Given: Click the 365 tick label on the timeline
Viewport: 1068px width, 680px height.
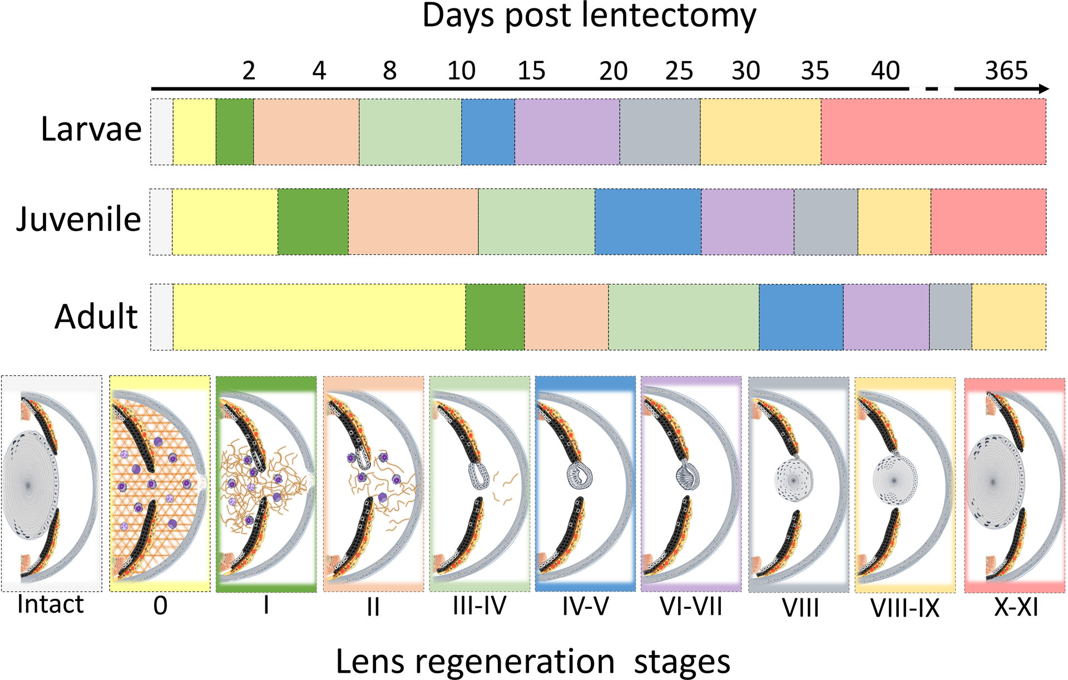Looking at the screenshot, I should [x=1006, y=71].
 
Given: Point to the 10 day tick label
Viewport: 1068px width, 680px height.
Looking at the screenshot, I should [x=461, y=71].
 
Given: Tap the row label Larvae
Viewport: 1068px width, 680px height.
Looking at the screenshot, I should [x=91, y=129].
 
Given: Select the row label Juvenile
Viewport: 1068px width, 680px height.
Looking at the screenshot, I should [x=78, y=219].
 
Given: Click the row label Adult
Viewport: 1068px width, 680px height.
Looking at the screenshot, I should [x=96, y=317].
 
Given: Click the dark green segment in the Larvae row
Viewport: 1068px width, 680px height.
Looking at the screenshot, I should [x=234, y=132].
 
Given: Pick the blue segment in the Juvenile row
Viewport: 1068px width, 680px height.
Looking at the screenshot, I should [x=647, y=221].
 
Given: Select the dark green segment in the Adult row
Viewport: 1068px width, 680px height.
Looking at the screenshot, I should [x=495, y=317].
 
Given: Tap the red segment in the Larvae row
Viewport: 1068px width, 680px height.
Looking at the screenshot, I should [x=933, y=132].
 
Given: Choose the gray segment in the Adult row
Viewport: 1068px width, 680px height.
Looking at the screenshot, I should [x=950, y=317].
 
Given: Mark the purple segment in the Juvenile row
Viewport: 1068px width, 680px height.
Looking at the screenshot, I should [x=747, y=221].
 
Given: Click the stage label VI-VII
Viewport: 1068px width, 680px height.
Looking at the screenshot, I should [x=690, y=606].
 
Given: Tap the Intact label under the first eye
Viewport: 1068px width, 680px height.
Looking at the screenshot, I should [x=50, y=604].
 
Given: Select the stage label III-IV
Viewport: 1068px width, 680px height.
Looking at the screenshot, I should [x=479, y=606].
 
